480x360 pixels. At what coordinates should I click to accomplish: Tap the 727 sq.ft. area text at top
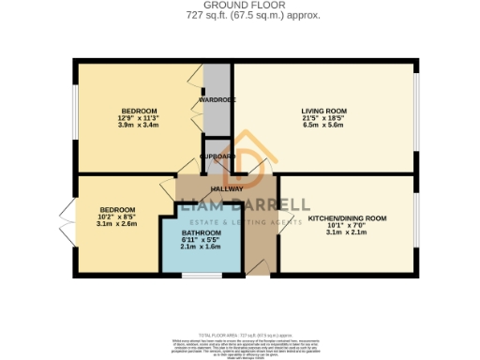coord(240,16)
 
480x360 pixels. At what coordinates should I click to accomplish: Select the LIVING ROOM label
coord(323,111)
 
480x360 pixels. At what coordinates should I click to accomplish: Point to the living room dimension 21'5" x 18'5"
coord(323,118)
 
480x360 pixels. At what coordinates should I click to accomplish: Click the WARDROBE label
coord(215,98)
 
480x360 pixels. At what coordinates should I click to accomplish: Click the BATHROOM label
coord(201,232)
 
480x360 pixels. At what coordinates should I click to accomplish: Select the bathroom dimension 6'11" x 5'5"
coord(201,240)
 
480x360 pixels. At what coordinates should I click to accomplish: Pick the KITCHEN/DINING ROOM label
coord(347,217)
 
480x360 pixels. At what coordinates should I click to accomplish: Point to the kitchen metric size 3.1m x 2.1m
coord(347,232)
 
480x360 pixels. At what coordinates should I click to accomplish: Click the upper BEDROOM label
coord(137,110)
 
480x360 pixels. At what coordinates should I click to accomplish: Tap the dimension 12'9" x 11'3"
coord(137,117)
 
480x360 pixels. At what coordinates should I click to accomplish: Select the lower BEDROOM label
coord(118,209)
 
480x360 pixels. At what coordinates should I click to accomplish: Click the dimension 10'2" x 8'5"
coord(118,217)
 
